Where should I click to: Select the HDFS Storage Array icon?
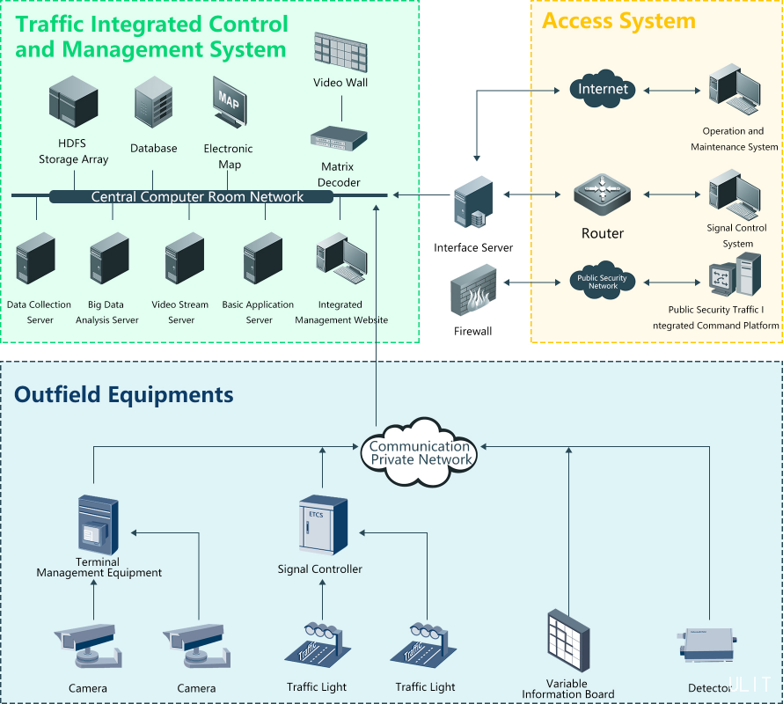(73, 100)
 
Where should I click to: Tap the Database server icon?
(153, 104)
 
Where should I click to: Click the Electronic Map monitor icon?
(229, 101)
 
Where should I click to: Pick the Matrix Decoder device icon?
(339, 137)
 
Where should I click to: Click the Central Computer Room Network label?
(197, 196)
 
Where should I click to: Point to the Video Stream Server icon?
(184, 258)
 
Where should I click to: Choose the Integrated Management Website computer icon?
(341, 260)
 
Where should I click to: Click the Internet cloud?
(603, 89)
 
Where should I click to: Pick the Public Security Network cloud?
(603, 282)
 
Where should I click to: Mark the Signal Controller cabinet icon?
(323, 526)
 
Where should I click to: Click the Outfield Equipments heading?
(124, 393)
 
